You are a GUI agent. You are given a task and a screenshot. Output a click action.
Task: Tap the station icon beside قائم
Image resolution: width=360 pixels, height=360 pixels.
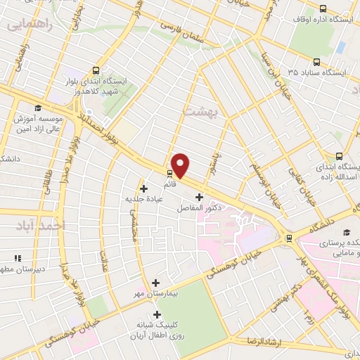point(169,173)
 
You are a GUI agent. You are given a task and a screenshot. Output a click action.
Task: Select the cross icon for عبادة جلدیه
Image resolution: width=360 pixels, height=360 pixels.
point(144,188)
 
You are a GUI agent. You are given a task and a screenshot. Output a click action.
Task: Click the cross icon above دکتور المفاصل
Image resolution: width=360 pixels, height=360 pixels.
point(199,197)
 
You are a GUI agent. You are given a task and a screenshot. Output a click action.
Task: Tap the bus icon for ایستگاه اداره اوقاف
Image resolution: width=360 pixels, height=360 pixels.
point(322,9)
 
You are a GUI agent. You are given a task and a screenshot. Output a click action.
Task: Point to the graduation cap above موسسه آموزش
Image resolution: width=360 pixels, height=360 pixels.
point(37,108)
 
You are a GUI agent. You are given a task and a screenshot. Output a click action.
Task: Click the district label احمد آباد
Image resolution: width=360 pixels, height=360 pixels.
point(42,226)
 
